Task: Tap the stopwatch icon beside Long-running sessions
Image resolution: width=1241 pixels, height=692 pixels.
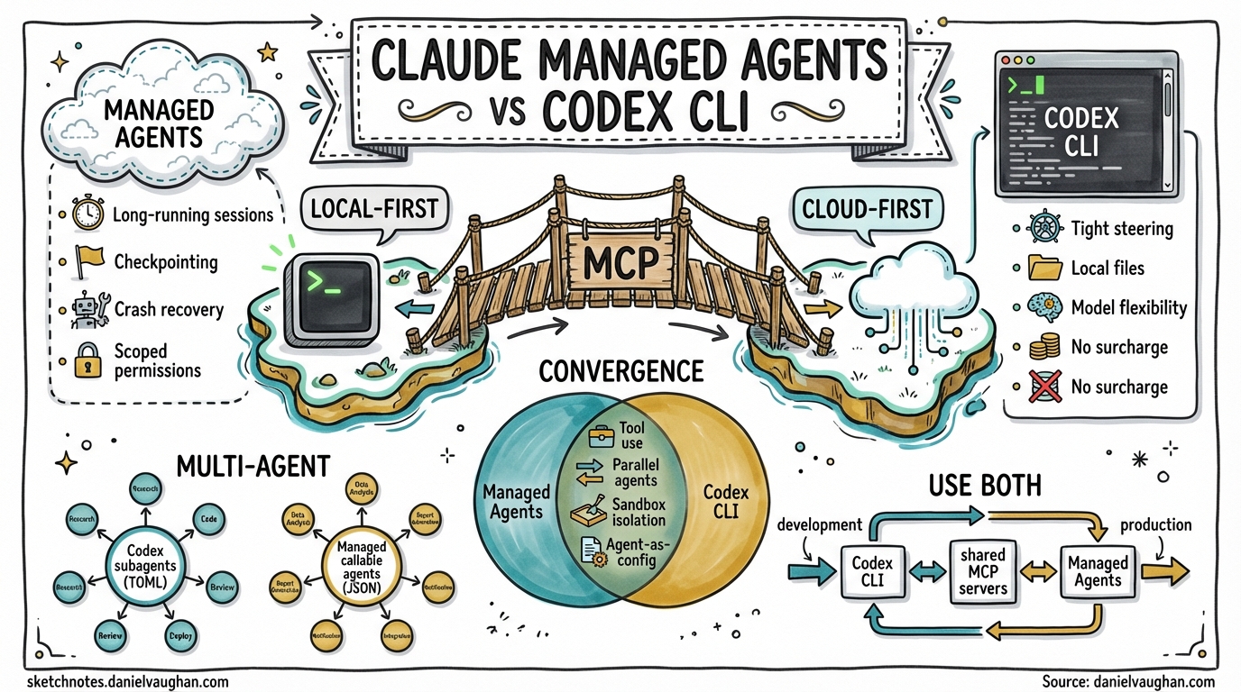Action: click(87, 214)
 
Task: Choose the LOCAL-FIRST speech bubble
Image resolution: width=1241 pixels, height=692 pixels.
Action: click(373, 209)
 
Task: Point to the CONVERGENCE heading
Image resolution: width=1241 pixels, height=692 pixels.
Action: click(620, 370)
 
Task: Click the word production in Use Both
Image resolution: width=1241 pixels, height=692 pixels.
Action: click(1155, 524)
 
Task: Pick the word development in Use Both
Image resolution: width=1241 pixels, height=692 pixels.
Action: click(819, 524)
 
